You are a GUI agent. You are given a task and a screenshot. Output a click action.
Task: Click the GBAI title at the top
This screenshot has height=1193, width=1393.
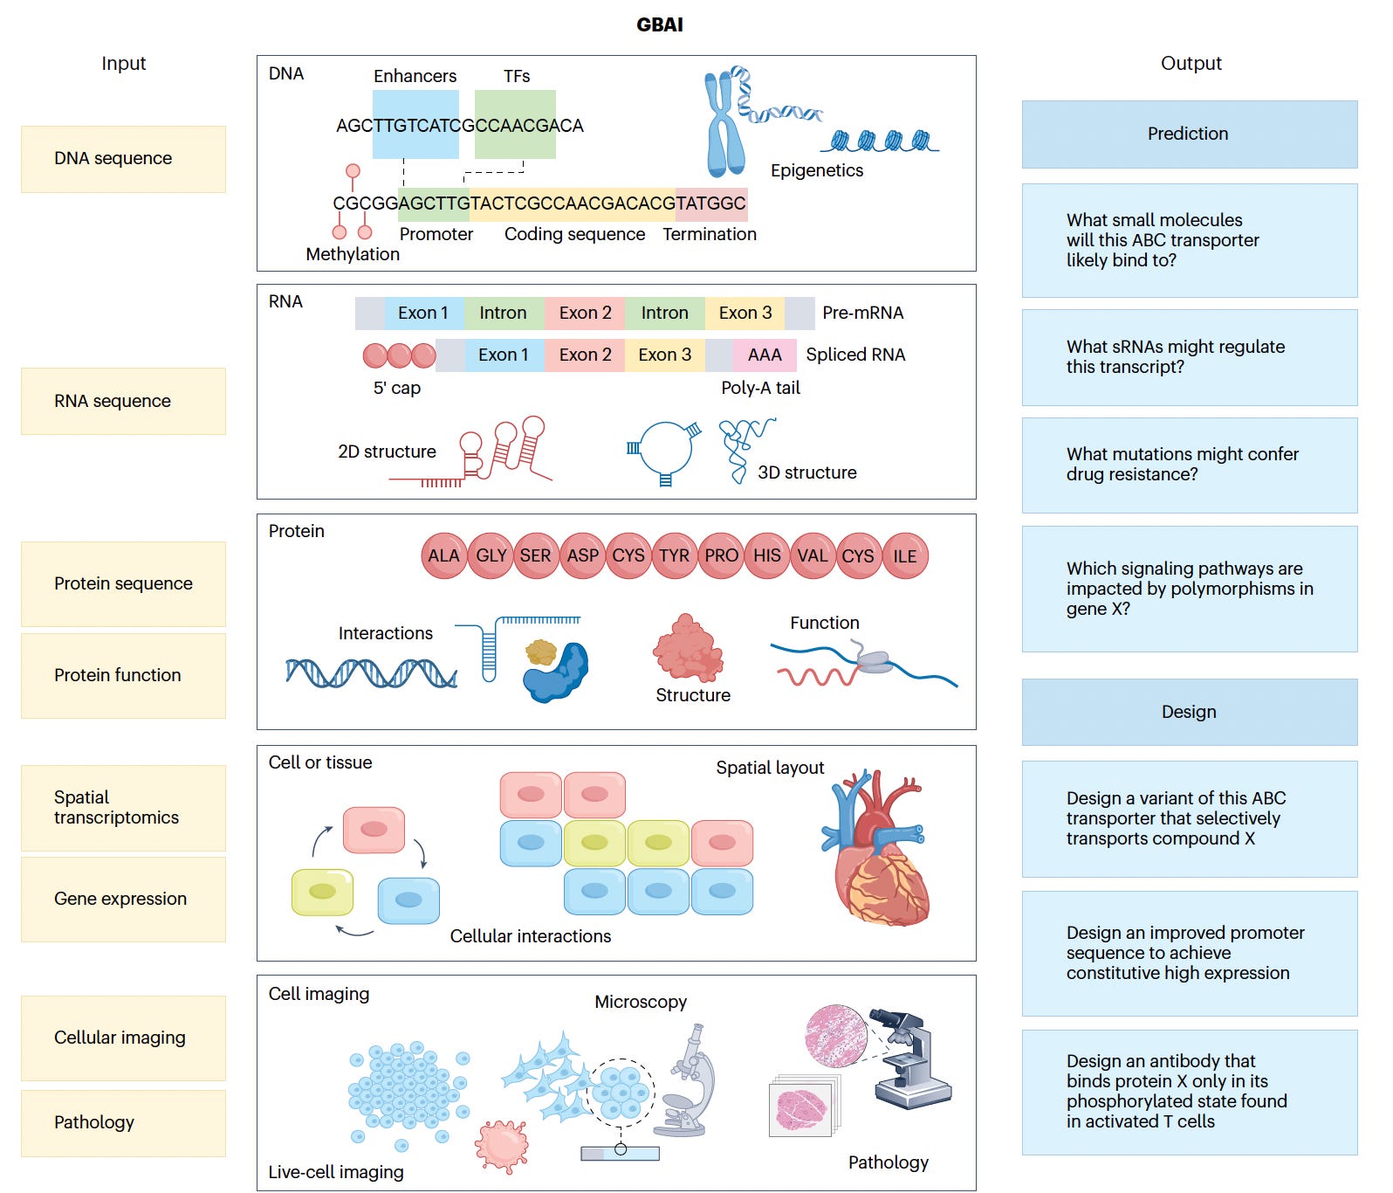click(x=660, y=24)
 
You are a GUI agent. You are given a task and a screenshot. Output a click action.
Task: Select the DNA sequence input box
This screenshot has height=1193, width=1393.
click(x=123, y=159)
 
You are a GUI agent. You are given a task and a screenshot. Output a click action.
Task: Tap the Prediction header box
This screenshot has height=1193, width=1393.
click(x=1190, y=134)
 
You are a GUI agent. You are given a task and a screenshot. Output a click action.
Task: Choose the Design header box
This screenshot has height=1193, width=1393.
click(x=1190, y=713)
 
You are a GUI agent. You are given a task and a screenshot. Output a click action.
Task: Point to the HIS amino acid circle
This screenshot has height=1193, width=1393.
click(x=767, y=556)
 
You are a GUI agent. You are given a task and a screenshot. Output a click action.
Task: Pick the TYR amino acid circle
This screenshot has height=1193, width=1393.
click(x=675, y=556)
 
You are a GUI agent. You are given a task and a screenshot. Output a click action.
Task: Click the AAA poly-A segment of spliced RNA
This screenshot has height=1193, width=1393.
click(x=765, y=355)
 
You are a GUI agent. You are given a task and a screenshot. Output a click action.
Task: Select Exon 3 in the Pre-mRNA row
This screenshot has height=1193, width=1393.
click(x=745, y=314)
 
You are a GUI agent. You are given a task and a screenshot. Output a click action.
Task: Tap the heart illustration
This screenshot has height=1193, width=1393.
click(x=875, y=847)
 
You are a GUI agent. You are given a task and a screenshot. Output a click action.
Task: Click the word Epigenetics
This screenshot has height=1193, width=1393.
click(x=817, y=171)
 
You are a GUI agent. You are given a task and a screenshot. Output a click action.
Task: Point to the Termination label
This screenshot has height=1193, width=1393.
click(x=710, y=234)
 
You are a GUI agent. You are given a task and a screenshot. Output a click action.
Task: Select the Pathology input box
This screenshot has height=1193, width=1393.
click(x=123, y=1123)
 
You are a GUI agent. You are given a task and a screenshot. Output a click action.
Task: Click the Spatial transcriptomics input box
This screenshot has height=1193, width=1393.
click(x=123, y=808)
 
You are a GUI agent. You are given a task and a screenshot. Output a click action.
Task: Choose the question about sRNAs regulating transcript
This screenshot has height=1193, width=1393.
click(x=1190, y=357)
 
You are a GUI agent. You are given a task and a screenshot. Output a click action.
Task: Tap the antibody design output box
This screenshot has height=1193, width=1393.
click(x=1190, y=1093)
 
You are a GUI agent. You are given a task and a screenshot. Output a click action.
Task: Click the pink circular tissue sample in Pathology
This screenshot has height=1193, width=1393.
click(x=836, y=1036)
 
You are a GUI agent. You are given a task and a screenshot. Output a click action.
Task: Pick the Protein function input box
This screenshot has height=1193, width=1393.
click(x=123, y=676)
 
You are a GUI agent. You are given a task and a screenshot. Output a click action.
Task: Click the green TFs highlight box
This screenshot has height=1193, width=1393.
click(x=515, y=125)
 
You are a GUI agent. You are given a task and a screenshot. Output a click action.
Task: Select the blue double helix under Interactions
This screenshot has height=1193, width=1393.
click(x=372, y=672)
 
